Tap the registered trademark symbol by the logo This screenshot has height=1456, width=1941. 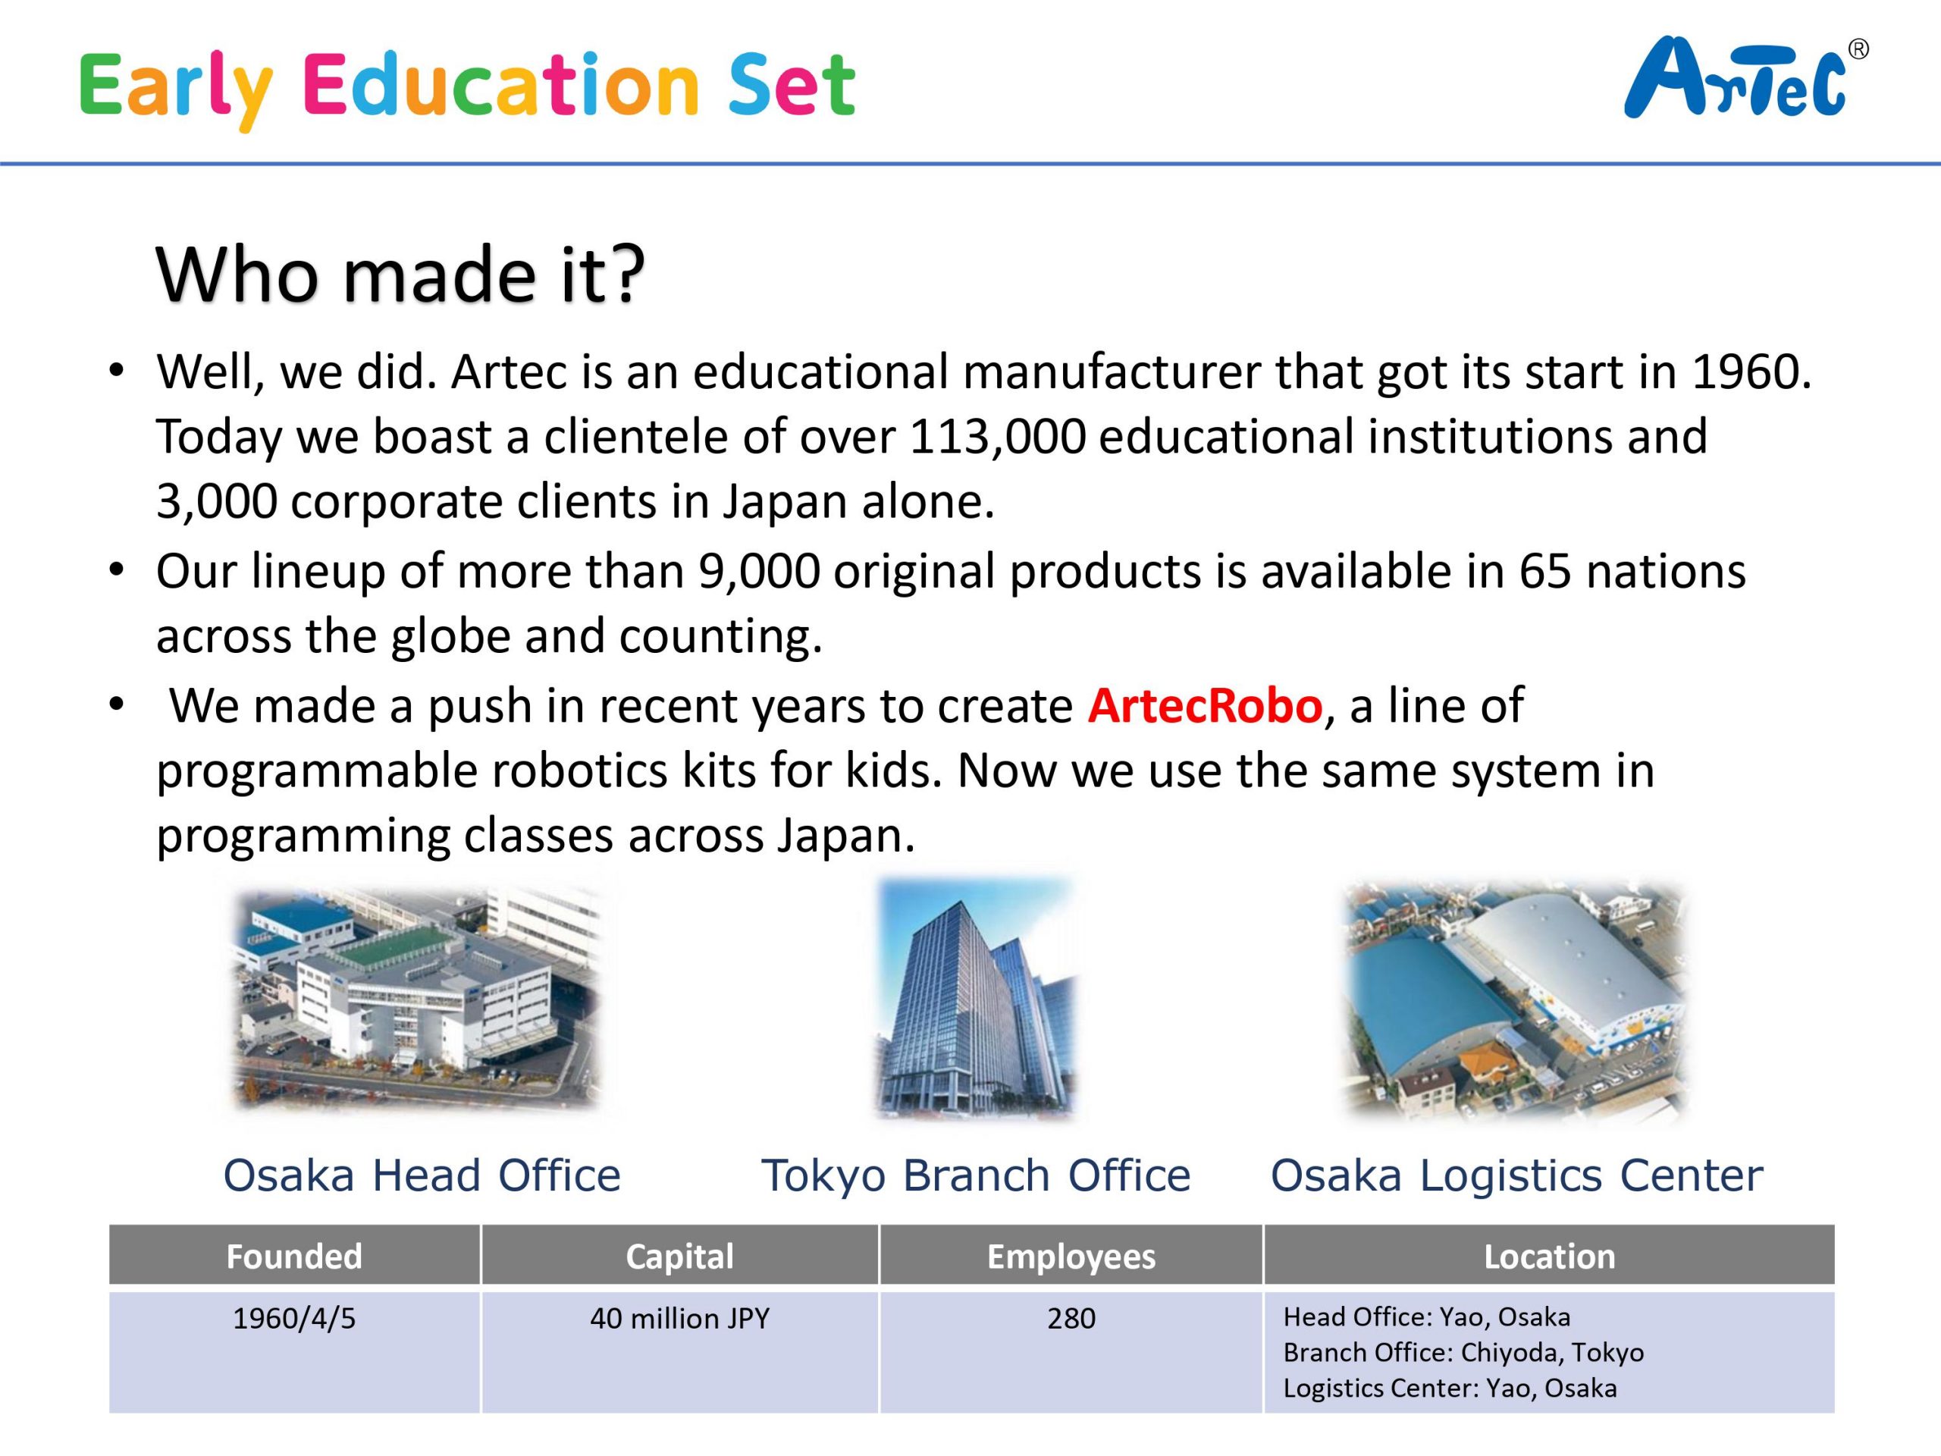point(1858,50)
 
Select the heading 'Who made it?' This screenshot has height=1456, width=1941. point(400,274)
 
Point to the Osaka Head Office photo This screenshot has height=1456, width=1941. point(416,999)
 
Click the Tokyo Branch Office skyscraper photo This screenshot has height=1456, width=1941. point(976,998)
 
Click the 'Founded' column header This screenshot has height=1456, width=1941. point(294,1256)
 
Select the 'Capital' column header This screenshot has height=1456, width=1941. point(679,1256)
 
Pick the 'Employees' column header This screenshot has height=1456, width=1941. point(1071,1256)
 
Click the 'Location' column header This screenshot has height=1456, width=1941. point(1549,1256)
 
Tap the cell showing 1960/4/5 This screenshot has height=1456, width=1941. point(294,1318)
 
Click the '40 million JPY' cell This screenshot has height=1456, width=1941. point(679,1318)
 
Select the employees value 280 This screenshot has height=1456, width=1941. point(1071,1318)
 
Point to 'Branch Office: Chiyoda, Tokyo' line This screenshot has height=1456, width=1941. point(1463,1352)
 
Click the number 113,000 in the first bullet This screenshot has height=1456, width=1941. point(997,436)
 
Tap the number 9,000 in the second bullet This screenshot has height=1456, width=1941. point(759,571)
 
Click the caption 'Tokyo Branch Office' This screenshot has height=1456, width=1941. point(976,1175)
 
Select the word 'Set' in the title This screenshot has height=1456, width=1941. point(791,85)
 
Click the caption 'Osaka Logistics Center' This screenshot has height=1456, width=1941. point(1516,1175)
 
